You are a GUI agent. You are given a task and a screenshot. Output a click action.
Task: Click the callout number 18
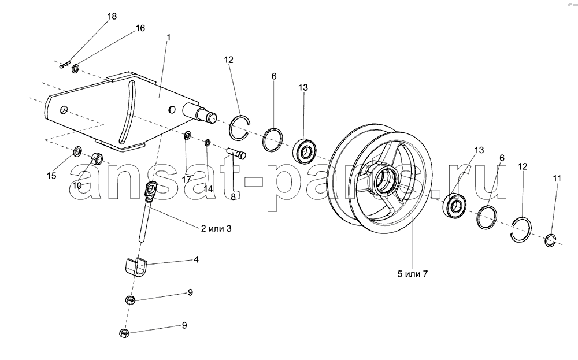[x=112, y=16]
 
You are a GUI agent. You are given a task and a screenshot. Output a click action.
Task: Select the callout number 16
[x=140, y=28]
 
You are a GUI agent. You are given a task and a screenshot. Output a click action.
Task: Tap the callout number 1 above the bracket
[x=168, y=38]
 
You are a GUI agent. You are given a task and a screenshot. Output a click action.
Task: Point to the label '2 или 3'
[x=216, y=228]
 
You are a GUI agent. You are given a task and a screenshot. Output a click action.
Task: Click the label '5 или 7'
[x=413, y=274]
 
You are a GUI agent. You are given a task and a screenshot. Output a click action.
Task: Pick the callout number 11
[x=557, y=179]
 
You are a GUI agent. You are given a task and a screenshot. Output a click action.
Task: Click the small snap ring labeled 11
[x=550, y=241]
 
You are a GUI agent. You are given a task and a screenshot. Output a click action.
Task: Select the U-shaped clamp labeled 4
[x=135, y=268]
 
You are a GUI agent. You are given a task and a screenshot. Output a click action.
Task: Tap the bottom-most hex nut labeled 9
[x=124, y=333]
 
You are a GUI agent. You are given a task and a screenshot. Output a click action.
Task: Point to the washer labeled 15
[x=78, y=151]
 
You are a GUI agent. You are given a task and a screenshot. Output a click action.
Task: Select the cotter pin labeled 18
[x=64, y=66]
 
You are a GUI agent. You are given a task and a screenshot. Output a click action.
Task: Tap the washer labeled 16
[x=76, y=68]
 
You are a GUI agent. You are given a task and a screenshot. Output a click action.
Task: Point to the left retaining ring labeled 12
[x=240, y=128]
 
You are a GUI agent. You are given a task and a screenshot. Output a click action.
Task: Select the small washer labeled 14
[x=208, y=142]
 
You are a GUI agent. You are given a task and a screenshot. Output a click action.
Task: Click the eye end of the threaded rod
[x=151, y=189]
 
